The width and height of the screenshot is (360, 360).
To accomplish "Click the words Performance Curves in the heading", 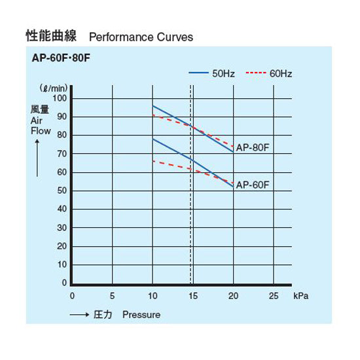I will click(x=141, y=37).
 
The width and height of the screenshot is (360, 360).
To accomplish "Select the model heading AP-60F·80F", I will click(x=61, y=58).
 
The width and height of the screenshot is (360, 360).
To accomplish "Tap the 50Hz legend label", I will click(x=224, y=73).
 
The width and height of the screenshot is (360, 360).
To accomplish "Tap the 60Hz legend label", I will click(x=281, y=73).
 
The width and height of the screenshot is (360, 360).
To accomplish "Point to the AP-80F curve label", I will click(x=253, y=148).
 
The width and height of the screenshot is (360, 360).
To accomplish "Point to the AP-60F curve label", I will click(x=253, y=185).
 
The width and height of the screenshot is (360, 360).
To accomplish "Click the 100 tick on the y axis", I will click(x=60, y=98).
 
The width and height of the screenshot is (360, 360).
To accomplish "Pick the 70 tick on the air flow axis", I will click(x=62, y=154).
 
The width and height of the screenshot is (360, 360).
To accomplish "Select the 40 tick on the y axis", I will click(x=62, y=209).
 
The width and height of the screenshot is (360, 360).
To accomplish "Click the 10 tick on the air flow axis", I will click(x=62, y=265).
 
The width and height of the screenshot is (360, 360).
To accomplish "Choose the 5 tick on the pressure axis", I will click(x=112, y=296).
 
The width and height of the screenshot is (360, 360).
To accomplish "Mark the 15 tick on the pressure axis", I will click(x=193, y=296).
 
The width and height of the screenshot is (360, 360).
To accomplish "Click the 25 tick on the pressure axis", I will click(x=274, y=296).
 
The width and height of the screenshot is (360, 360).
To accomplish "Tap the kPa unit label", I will click(x=301, y=296).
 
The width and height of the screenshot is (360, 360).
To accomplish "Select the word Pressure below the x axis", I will click(x=141, y=315).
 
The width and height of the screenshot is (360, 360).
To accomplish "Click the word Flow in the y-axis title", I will click(x=41, y=130).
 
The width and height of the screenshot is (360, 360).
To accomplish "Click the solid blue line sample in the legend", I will click(x=199, y=73).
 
